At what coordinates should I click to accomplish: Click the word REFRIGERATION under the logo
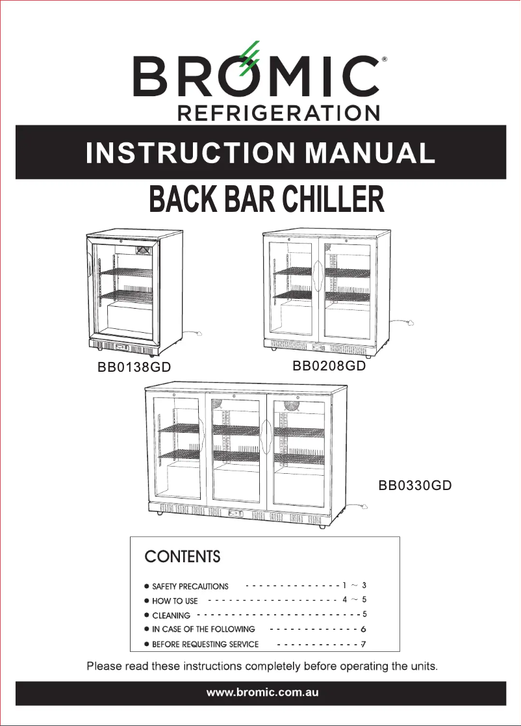[279, 112]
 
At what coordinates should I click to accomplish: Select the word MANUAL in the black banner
[370, 153]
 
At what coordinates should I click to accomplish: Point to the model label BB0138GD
[134, 367]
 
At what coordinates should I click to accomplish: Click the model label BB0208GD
[329, 365]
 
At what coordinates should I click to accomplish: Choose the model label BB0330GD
[415, 486]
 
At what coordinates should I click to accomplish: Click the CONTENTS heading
[182, 557]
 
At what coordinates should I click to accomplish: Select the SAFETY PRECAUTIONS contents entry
[190, 586]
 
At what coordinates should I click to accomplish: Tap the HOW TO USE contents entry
[175, 601]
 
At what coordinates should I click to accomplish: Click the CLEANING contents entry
[171, 615]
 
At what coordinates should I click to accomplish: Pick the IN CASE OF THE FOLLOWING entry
[203, 629]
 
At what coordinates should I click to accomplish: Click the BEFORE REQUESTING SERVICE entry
[205, 644]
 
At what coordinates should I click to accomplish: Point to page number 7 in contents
[364, 644]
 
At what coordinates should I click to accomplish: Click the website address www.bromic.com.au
[262, 693]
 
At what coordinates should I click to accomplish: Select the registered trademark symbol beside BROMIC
[385, 60]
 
